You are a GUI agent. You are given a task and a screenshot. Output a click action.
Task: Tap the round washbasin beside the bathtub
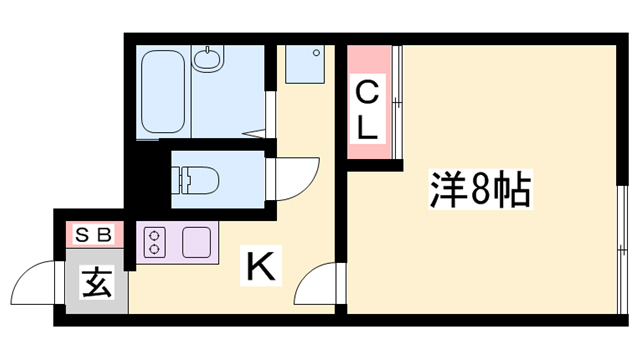click(208, 60)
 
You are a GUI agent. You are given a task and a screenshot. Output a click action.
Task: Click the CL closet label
click(367, 111)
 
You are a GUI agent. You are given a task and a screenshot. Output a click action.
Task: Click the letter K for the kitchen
click(259, 267)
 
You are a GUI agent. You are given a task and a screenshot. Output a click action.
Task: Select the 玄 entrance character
click(97, 281)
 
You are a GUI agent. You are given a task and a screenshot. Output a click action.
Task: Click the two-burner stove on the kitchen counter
click(158, 241)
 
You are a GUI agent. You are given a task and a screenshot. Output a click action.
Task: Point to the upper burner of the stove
click(158, 234)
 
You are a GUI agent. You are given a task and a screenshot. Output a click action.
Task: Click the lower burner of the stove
click(158, 249)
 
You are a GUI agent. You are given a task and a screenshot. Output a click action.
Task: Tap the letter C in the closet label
click(367, 96)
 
